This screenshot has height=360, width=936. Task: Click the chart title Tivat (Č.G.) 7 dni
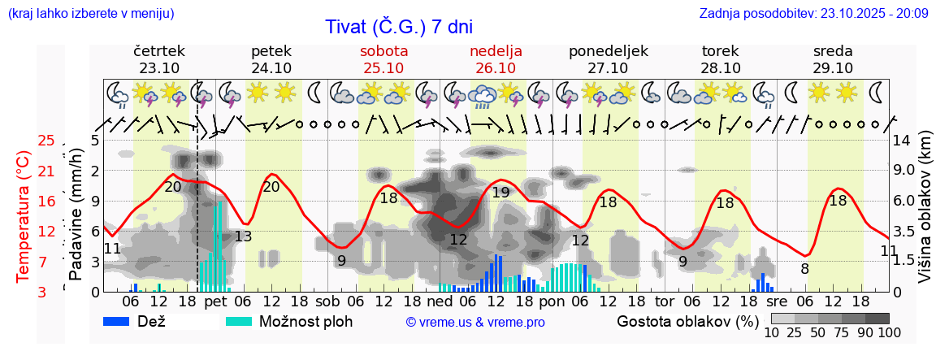[398, 27]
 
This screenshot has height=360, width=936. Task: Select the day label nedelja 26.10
[496, 59]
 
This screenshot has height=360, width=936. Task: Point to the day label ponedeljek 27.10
[608, 59]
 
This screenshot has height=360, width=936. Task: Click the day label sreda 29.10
[833, 59]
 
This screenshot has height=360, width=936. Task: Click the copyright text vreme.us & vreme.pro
[475, 322]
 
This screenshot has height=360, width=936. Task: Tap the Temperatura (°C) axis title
[24, 215]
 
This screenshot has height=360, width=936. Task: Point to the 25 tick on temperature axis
[47, 141]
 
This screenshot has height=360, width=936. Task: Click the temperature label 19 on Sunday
[500, 193]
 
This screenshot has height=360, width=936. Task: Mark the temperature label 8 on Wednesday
[804, 269]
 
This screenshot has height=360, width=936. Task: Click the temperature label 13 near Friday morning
[243, 236]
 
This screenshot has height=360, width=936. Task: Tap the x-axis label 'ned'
[445, 301]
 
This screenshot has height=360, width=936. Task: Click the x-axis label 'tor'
[665, 301]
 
